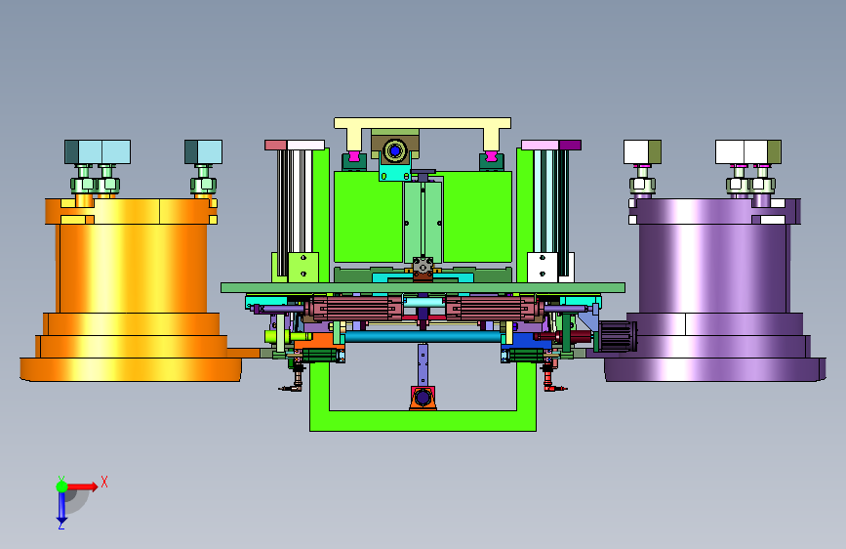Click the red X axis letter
point(104,482)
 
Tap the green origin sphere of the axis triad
point(61,486)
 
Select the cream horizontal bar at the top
point(423,123)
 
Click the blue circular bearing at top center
point(395,150)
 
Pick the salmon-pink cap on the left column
point(275,145)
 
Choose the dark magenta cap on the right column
point(570,145)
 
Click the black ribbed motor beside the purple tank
point(618,336)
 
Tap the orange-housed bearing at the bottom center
point(423,399)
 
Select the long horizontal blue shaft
point(423,337)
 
